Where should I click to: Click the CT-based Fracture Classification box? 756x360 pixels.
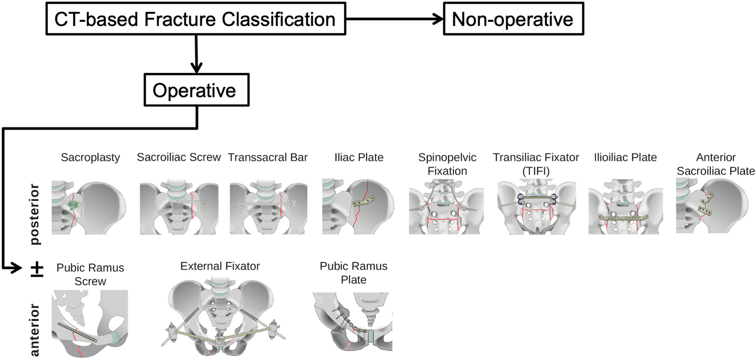195,19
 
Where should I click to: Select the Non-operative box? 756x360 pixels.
513,19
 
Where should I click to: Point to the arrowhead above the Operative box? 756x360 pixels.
196,68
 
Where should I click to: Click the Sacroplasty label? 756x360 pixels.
90,157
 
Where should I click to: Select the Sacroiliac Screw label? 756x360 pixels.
179,157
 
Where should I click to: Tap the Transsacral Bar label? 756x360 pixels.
268,157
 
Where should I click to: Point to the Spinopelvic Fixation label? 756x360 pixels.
447,164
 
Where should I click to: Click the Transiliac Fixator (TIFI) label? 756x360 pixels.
536,164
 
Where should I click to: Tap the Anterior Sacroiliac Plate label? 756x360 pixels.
715,164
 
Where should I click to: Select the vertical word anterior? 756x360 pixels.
34,330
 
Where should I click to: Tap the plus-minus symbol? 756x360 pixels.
37,270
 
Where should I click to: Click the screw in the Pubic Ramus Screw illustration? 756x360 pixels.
77,333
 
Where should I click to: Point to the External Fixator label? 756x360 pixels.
220,266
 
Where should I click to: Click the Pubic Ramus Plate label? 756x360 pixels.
353,273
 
